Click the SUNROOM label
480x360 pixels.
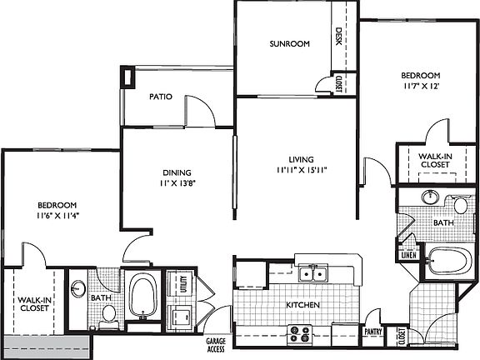point(289,43)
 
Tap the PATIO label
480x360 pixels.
point(161,97)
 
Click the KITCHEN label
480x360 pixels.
point(303,306)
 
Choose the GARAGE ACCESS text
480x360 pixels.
point(216,344)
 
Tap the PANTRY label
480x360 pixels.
point(372,332)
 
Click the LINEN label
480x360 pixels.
point(409,255)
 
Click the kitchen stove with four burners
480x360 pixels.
point(299,333)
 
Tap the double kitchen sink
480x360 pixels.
point(314,272)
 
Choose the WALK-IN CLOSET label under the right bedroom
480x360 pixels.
point(434,161)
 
